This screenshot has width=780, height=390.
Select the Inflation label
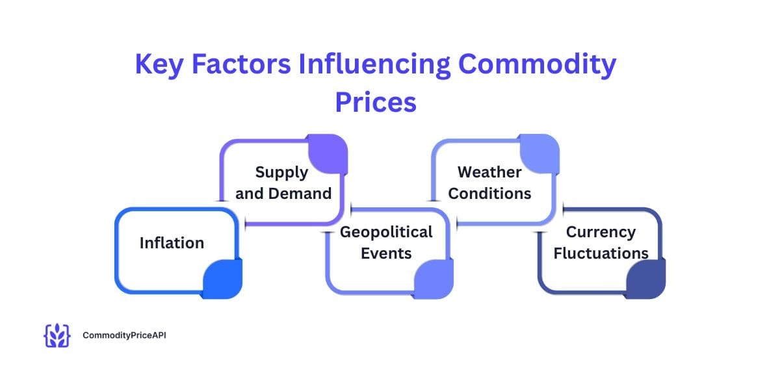172,243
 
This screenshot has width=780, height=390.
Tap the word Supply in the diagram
281,172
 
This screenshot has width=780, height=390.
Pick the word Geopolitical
386,232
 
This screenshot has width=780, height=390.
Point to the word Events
386,253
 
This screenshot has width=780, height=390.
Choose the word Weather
489,172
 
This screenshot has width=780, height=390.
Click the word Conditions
489,193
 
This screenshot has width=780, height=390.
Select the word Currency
601,232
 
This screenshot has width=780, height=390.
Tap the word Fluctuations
601,253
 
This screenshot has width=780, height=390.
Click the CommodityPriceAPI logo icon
57,335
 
